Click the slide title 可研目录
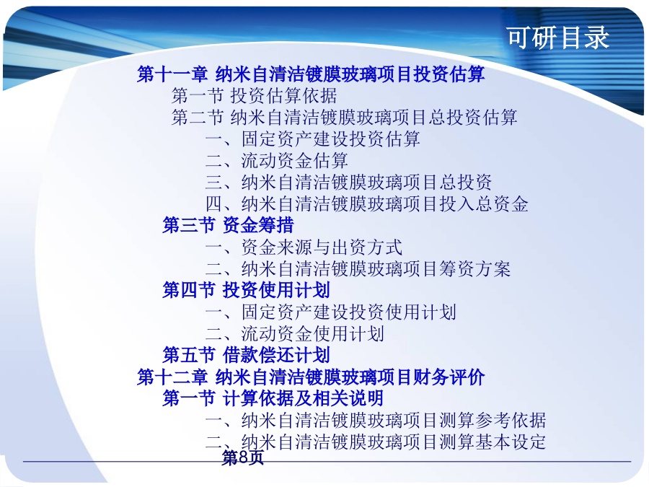point(558,38)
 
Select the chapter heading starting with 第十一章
point(311,74)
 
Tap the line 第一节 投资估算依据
point(254,96)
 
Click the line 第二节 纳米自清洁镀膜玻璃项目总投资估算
point(345,117)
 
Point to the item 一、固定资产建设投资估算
point(313,139)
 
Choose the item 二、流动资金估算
point(277,160)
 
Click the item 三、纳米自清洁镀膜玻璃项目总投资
point(349,183)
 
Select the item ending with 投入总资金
point(367,203)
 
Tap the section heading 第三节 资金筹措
point(228,225)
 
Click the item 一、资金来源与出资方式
point(304,247)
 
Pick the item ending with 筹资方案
point(358,269)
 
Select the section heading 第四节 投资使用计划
point(247,290)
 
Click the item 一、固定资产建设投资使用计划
point(331,312)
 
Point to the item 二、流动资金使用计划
point(295,334)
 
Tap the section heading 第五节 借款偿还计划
point(247,355)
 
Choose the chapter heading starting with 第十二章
point(311,377)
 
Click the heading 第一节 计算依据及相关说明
point(273,398)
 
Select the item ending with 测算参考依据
point(376,421)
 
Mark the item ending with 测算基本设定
point(376,442)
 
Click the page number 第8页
point(242,457)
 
